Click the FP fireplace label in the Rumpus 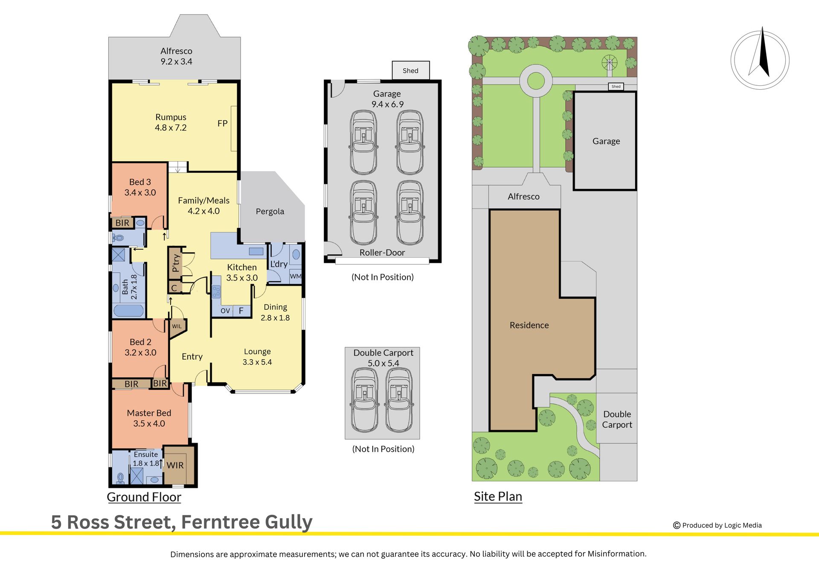coord(222,123)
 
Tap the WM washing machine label coord(296,276)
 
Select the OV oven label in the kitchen coord(225,311)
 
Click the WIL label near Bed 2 coord(177,326)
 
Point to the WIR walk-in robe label coord(175,465)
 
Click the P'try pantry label coord(176,263)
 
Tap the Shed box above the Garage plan coord(410,70)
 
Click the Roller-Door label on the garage coord(382,253)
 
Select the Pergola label coord(270,212)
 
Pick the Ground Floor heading coord(144,497)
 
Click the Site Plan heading coord(498,497)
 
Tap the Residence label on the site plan coord(529,325)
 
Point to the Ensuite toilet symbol coord(120,478)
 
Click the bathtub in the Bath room coord(128,310)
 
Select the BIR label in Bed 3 coord(122,223)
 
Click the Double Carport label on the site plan coord(617,419)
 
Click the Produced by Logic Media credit coord(717,525)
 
